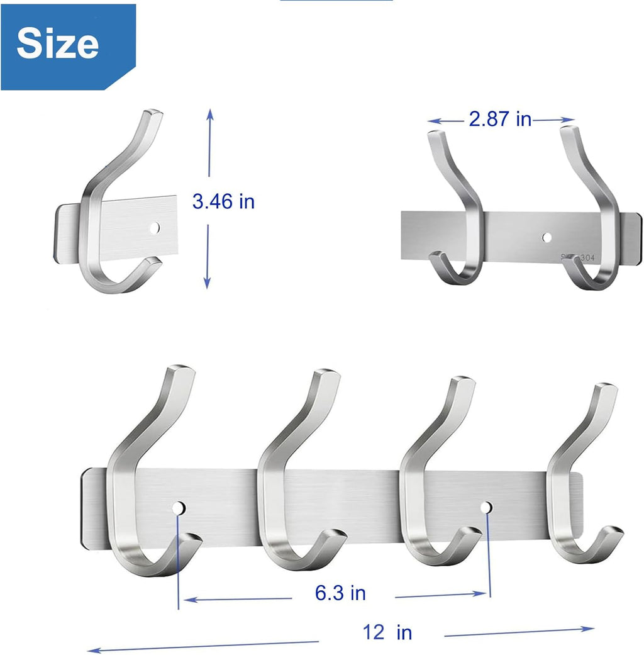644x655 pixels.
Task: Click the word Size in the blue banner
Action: click(x=57, y=43)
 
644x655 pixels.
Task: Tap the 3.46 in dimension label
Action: click(x=223, y=201)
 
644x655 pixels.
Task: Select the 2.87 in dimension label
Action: click(x=500, y=119)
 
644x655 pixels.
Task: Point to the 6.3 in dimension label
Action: click(x=340, y=592)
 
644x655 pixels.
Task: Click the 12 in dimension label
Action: click(x=387, y=631)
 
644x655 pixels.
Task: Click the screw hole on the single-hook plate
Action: click(x=155, y=225)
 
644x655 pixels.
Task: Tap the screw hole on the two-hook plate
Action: click(x=546, y=237)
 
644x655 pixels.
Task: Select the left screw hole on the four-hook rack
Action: click(x=179, y=508)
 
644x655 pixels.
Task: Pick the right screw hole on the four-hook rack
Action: click(x=487, y=507)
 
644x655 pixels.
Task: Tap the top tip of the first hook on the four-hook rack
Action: click(x=181, y=369)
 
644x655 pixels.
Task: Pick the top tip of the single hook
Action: click(x=153, y=115)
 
